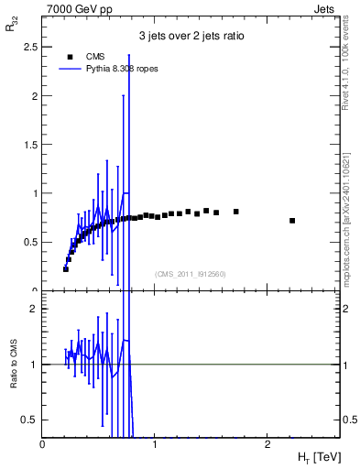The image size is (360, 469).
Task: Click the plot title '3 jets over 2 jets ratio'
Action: point(191,37)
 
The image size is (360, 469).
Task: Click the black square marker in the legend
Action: point(67,57)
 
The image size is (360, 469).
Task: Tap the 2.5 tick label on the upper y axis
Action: point(28,47)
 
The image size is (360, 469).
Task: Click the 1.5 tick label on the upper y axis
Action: point(28,145)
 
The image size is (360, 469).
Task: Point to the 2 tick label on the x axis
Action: point(267,444)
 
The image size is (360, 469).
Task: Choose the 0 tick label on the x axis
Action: point(43,444)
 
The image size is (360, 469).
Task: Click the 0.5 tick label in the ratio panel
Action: point(28,420)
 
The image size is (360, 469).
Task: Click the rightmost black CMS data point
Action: point(292,221)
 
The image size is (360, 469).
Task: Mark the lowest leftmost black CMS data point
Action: point(66,269)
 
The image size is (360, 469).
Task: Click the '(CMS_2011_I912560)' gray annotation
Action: point(191,274)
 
